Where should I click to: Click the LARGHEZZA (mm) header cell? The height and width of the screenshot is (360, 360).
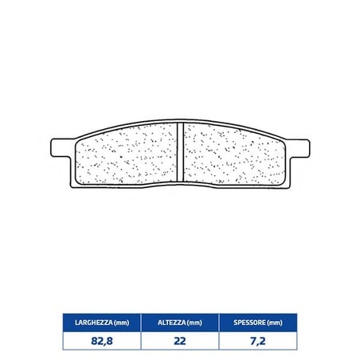(x=102, y=323)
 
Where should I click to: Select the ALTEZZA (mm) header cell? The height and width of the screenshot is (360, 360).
(x=180, y=323)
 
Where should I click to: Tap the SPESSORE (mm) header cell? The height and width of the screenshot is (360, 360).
(x=258, y=323)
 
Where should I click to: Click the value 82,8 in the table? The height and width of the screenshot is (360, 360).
(x=102, y=341)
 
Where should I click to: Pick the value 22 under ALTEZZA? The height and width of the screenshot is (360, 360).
(x=180, y=341)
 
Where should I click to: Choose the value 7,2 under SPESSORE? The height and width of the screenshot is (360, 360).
(x=258, y=341)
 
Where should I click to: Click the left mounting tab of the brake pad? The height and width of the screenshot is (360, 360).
(x=61, y=148)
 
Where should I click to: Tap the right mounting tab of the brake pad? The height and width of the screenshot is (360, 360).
(x=299, y=149)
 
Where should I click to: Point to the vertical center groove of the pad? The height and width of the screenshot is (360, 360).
(x=180, y=152)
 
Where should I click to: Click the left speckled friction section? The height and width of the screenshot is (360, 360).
(x=127, y=154)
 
